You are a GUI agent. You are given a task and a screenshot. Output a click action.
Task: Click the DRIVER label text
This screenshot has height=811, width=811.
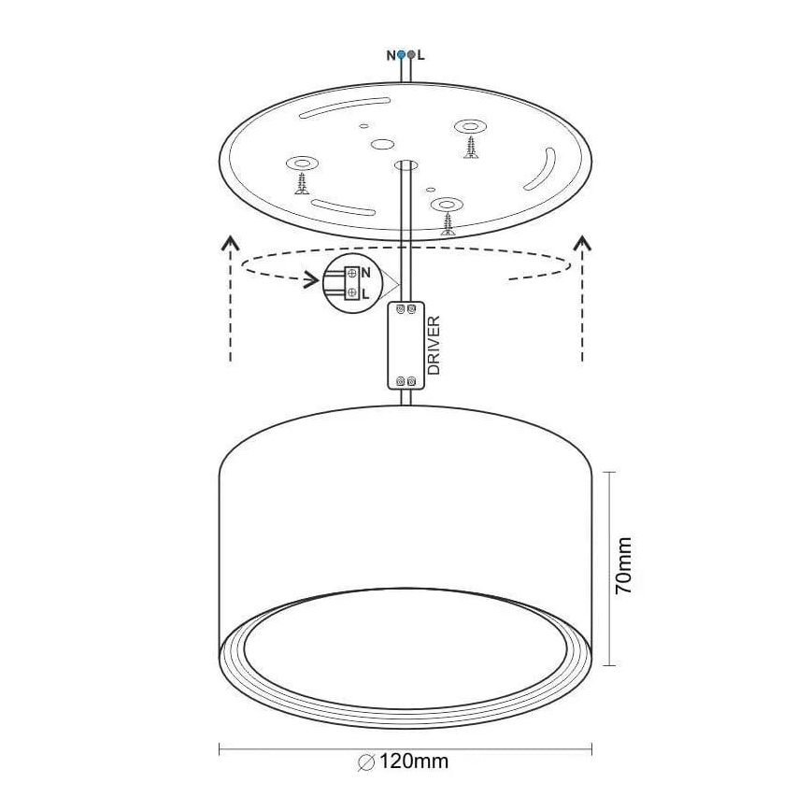[434, 346]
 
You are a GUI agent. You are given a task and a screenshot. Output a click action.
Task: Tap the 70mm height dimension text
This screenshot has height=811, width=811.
[623, 566]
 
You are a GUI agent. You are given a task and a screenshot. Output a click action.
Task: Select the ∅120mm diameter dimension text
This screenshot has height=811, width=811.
[404, 761]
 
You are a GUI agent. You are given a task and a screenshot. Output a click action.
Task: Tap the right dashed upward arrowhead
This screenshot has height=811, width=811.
[582, 244]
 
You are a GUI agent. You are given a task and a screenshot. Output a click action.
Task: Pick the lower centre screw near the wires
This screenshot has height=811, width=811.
[448, 221]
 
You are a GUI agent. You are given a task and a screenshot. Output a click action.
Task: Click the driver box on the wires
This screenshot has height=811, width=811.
[407, 345]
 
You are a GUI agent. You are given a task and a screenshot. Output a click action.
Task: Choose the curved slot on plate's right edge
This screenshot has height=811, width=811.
[540, 171]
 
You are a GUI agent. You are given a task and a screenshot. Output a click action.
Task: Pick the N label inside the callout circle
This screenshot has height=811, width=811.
[365, 273]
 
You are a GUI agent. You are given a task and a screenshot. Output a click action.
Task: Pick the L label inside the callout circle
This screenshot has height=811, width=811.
[365, 292]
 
